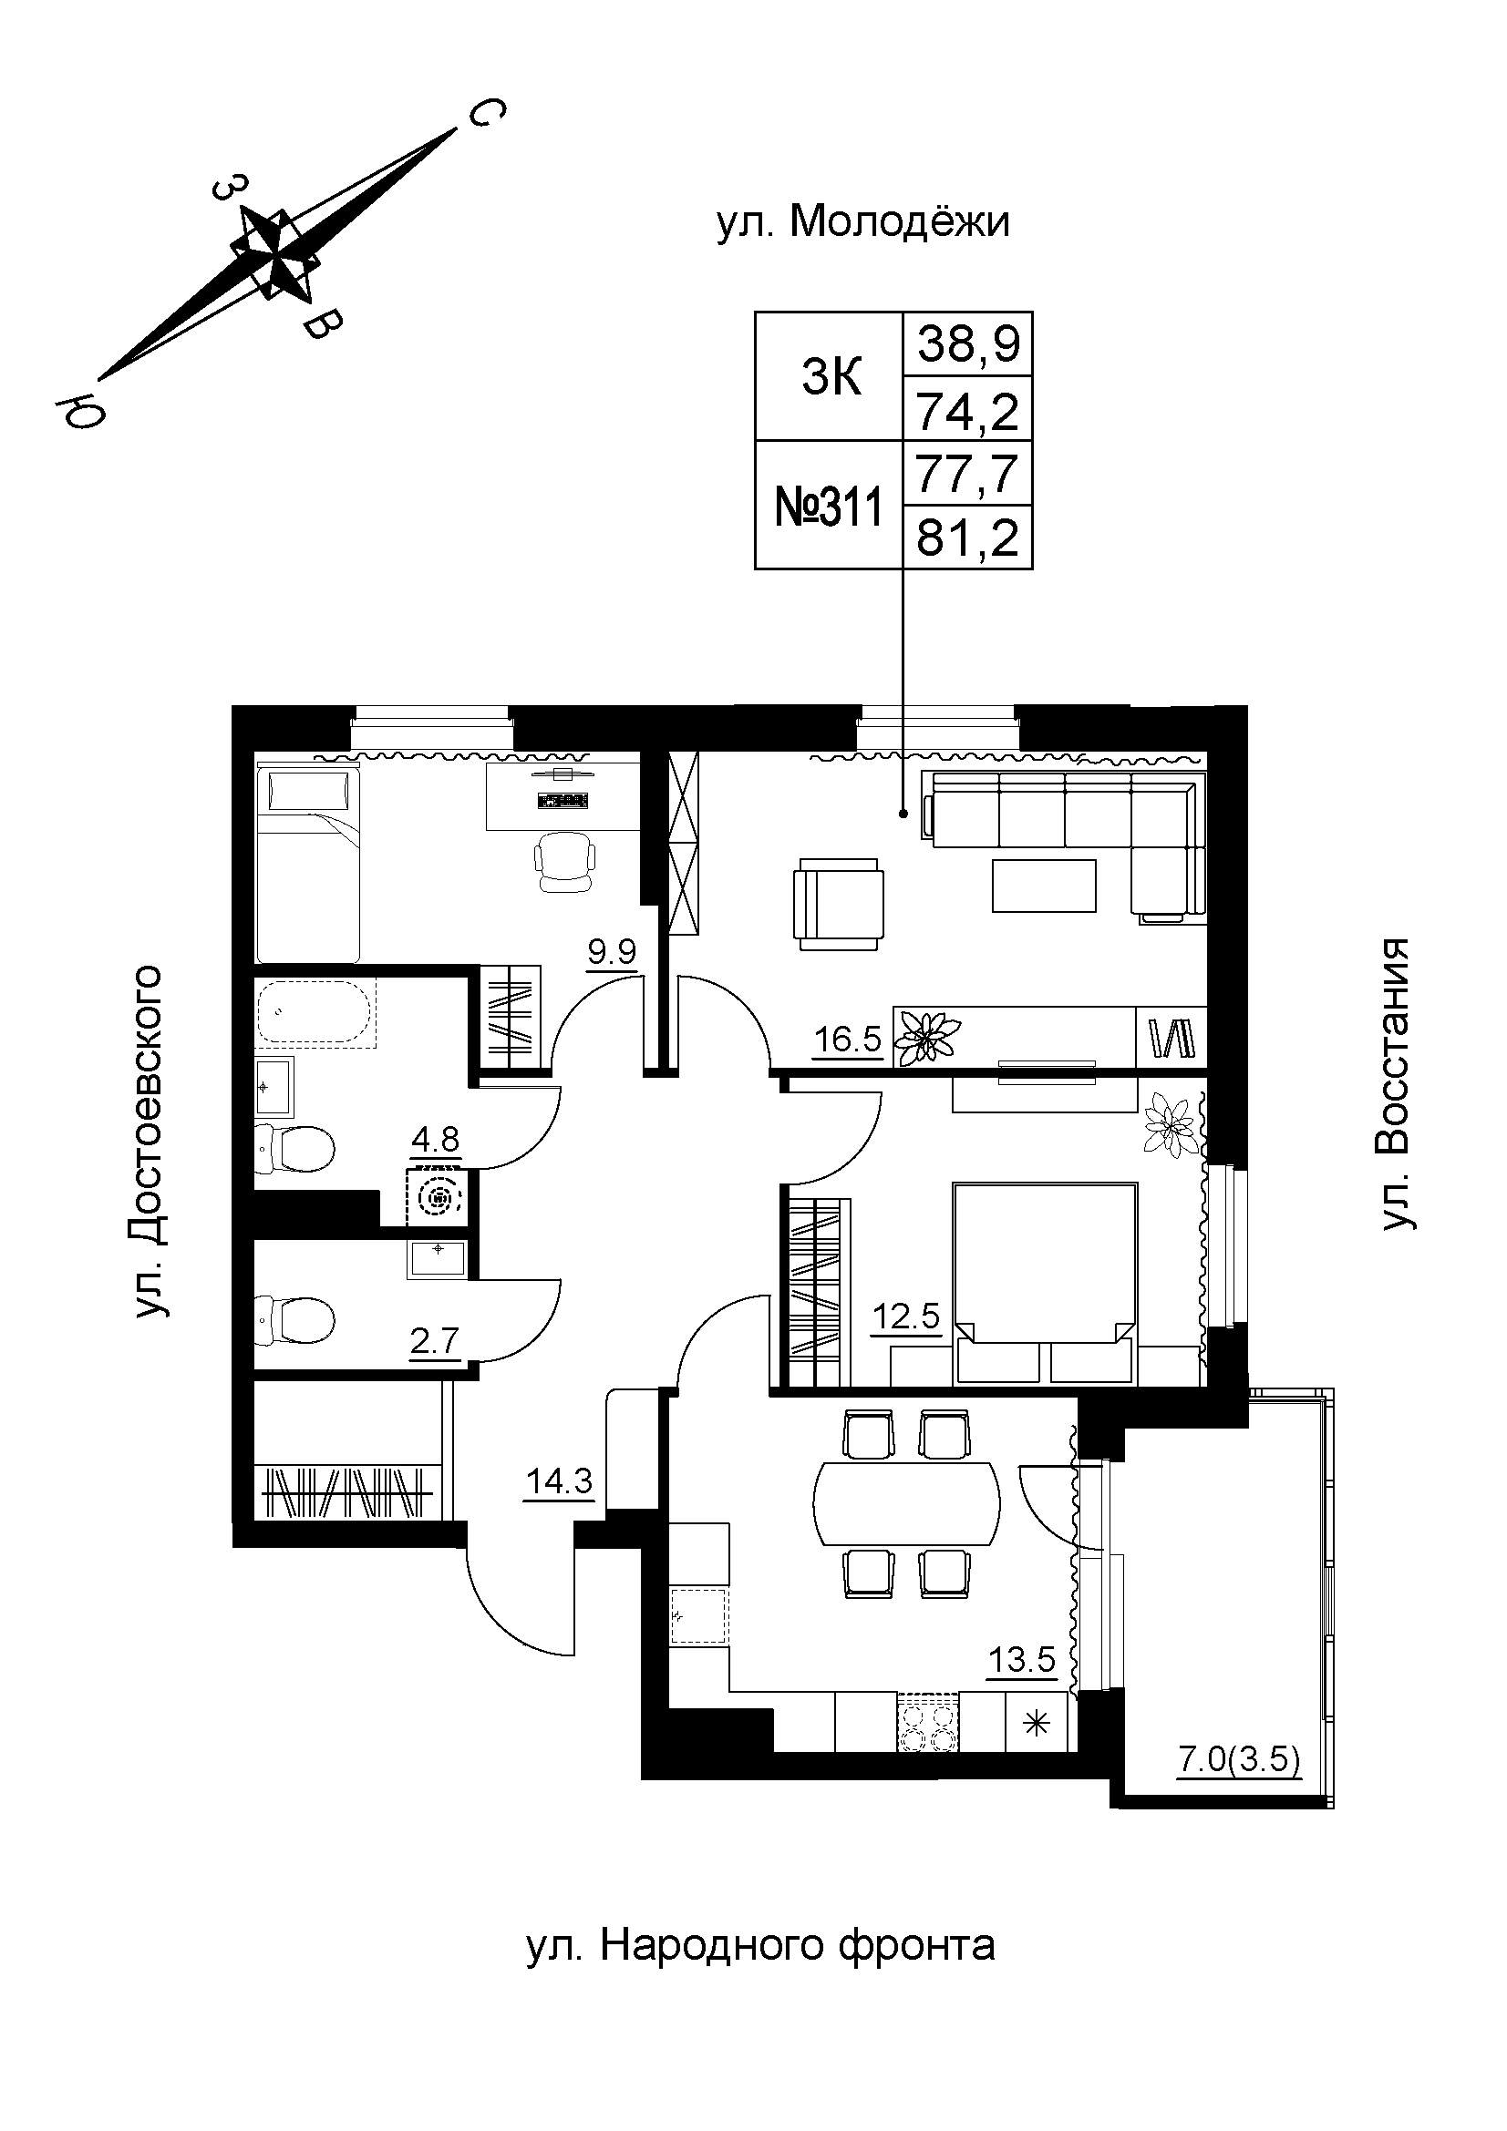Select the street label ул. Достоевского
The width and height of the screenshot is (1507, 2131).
click(150, 1142)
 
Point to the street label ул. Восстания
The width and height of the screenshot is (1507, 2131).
click(1395, 1085)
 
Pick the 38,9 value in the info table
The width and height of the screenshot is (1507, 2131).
click(968, 344)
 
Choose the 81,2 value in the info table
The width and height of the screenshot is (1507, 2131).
click(968, 538)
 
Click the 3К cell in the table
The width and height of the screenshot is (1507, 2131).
click(831, 377)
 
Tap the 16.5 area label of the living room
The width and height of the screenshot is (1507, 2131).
click(847, 1040)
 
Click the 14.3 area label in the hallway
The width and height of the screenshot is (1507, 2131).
click(559, 1481)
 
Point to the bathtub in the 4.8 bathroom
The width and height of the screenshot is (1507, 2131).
click(315, 1013)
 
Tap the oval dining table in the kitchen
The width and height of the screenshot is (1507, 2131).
click(906, 1502)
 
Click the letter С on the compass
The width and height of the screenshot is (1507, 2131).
click(486, 114)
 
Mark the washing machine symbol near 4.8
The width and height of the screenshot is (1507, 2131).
click(440, 1199)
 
